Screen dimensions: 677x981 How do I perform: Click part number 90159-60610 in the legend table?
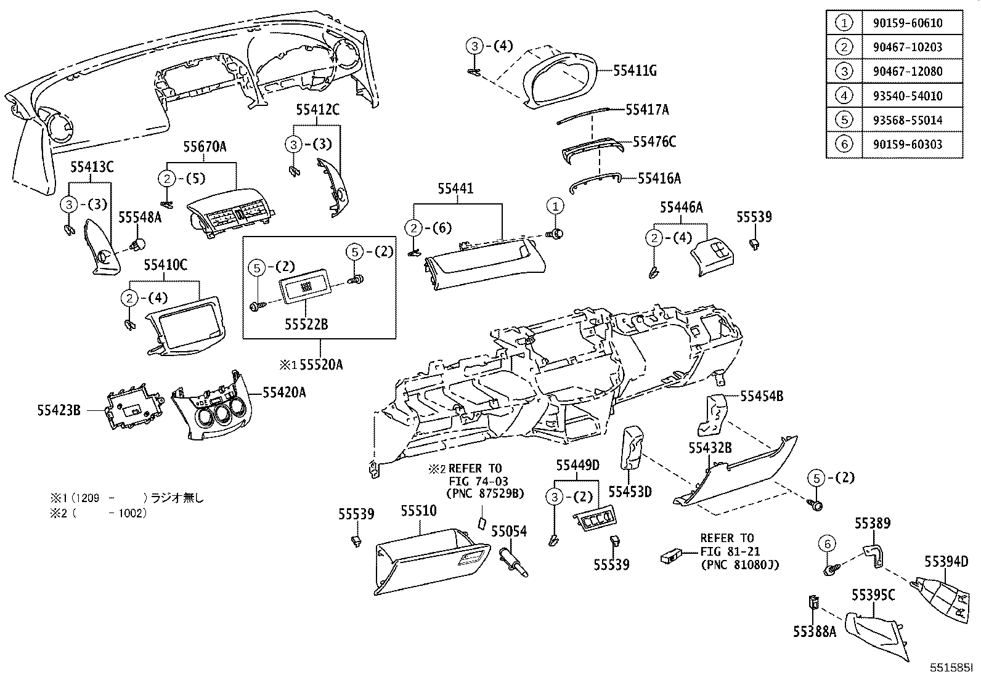point(907,23)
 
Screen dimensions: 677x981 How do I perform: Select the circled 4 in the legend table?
point(844,96)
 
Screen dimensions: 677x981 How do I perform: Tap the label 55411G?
point(634,71)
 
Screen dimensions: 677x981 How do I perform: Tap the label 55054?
point(509,531)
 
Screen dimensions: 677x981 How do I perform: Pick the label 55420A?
point(284,392)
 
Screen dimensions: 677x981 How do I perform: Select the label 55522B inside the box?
point(306,324)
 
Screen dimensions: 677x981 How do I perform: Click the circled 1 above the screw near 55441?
point(555,206)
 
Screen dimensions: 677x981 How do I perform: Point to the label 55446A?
point(681,208)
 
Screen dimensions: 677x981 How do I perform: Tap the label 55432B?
point(710,448)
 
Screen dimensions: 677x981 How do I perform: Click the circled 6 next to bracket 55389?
point(828,544)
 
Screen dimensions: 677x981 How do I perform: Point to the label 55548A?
point(140,217)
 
